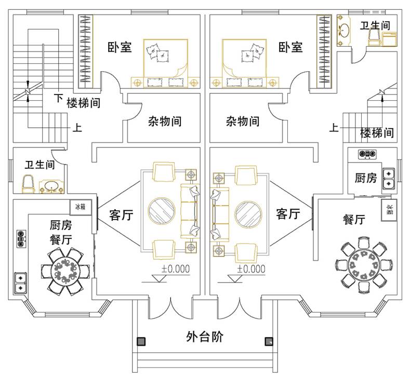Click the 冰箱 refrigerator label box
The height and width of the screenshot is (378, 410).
pos(80,206)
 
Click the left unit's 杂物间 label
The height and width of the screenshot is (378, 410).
pos(165,122)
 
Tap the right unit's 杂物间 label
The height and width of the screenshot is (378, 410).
pos(242,122)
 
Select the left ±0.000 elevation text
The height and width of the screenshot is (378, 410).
pos(176,269)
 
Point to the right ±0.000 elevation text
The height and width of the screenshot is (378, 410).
pos(251,269)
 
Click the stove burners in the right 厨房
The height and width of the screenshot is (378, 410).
pos(367,154)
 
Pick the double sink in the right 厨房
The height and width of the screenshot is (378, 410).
pos(388,178)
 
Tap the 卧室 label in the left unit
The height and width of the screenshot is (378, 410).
pos(120,48)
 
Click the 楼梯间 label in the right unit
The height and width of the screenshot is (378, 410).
pos(377,133)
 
